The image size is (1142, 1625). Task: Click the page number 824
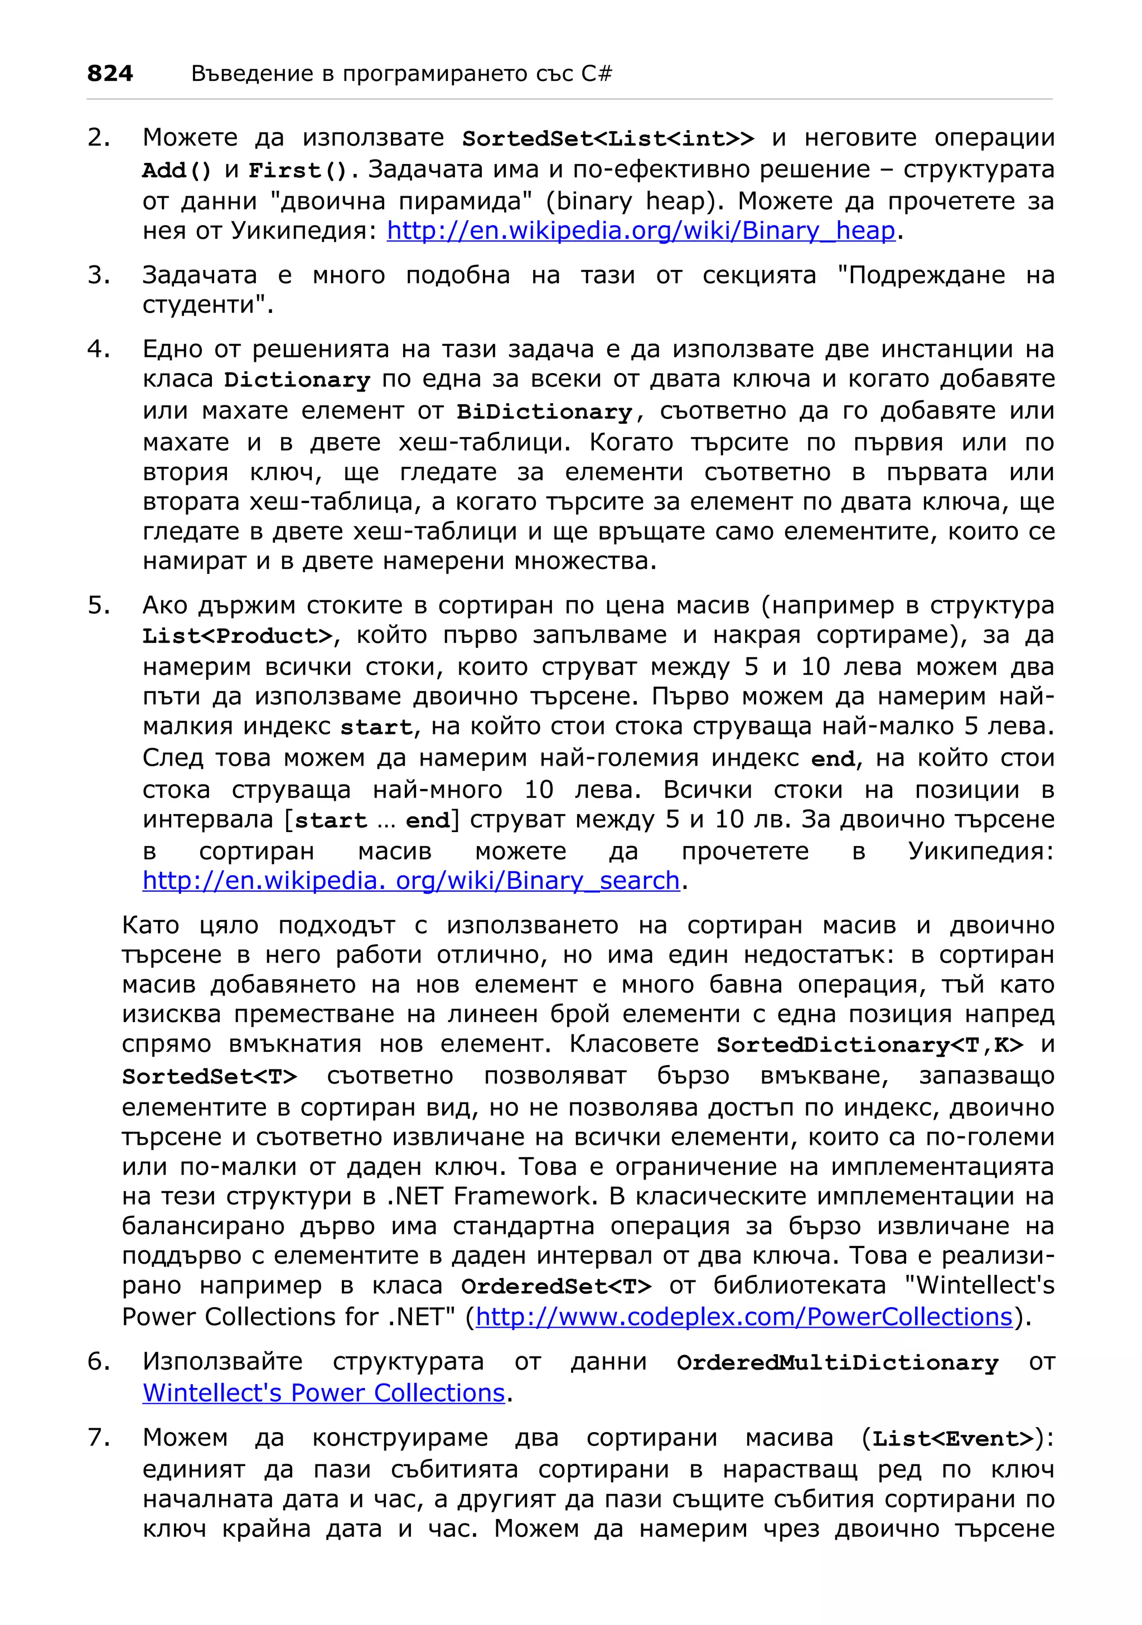coord(110,73)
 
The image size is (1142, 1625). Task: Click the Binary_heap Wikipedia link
coord(640,231)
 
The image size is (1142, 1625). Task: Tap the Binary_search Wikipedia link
coord(410,880)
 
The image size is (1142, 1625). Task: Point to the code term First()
coord(298,171)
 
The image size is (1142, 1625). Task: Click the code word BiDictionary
coord(544,412)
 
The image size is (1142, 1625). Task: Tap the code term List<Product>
coord(237,636)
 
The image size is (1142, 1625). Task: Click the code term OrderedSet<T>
coord(555,1285)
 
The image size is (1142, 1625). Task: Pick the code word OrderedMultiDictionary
coord(837,1362)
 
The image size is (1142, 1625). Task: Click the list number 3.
coord(98,275)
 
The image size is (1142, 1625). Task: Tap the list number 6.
coord(98,1362)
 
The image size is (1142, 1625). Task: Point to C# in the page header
coord(597,73)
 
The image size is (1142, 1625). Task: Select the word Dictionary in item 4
coord(297,380)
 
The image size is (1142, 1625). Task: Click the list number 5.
coord(98,605)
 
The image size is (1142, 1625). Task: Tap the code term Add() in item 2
coord(177,171)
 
